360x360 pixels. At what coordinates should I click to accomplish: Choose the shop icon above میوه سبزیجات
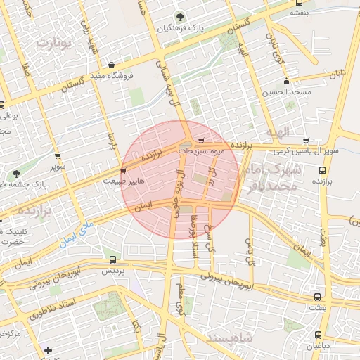[204, 140]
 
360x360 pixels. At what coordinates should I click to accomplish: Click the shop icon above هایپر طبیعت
[124, 171]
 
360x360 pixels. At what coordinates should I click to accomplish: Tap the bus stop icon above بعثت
[317, 297]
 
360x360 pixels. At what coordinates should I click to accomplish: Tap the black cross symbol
[47, 350]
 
